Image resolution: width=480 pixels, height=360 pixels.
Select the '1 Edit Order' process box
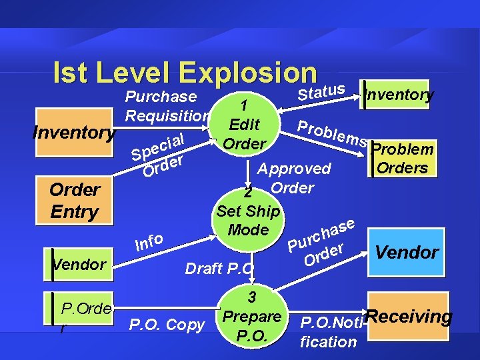(x=244, y=125)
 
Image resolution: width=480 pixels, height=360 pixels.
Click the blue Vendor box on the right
(x=407, y=252)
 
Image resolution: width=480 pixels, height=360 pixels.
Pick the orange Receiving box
(x=409, y=317)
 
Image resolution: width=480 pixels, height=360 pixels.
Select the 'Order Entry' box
(x=75, y=200)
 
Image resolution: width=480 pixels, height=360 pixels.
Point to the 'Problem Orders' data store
(x=402, y=158)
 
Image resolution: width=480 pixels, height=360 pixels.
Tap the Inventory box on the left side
(x=74, y=132)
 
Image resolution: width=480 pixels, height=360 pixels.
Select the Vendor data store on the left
(x=80, y=264)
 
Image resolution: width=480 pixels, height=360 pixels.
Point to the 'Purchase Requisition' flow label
(x=167, y=106)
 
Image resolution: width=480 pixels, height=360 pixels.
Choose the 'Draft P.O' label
(x=219, y=268)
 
